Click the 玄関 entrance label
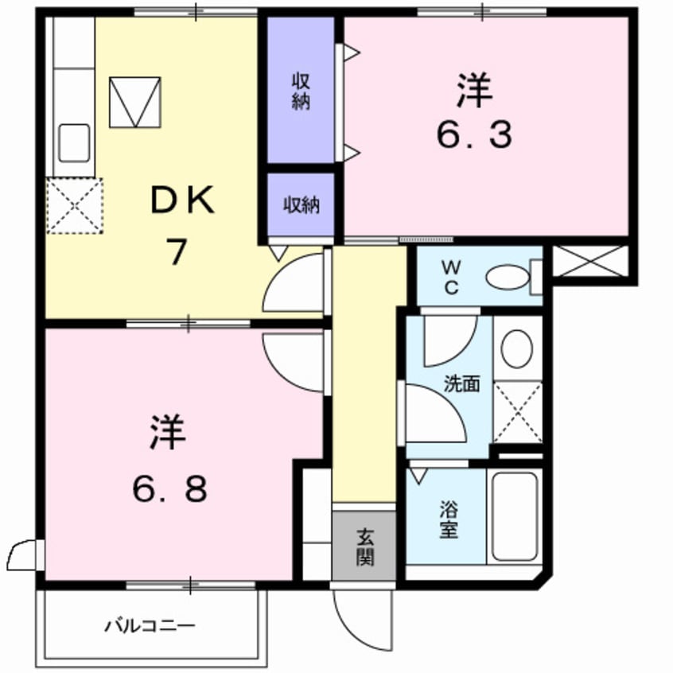[364, 547]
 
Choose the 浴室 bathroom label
[449, 519]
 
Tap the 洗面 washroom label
[461, 384]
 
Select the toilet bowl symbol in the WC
[507, 278]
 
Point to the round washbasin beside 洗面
[517, 348]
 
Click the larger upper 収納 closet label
[300, 91]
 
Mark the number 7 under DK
[177, 252]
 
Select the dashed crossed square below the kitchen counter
[75, 206]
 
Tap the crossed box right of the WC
[589, 262]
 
